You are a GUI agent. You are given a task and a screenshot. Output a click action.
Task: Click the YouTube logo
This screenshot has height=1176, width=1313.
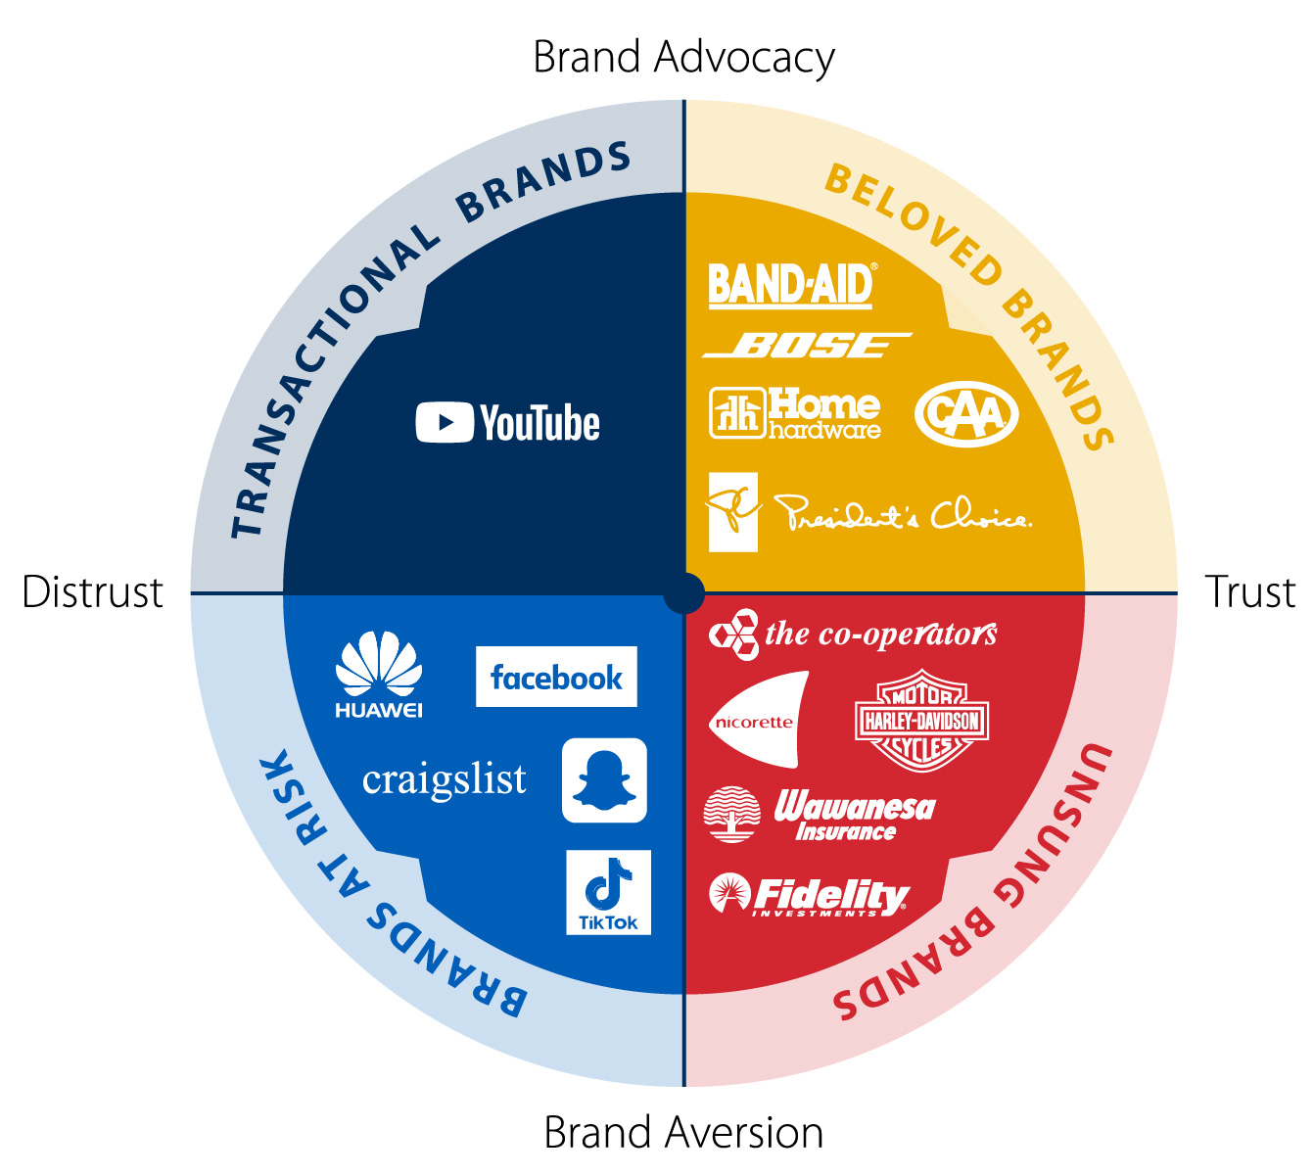[x=508, y=423]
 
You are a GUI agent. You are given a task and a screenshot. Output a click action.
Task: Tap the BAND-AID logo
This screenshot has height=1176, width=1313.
[x=791, y=285]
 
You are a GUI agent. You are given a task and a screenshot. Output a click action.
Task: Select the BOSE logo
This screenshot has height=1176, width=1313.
[x=807, y=345]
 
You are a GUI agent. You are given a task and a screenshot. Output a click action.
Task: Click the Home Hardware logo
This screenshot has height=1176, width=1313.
[x=795, y=413]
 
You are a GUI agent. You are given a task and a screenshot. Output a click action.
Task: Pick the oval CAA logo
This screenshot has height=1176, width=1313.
[x=966, y=413]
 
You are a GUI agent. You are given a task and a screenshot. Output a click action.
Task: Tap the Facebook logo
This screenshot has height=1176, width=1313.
[x=556, y=677]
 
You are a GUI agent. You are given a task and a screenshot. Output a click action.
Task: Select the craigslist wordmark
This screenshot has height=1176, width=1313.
[x=445, y=780]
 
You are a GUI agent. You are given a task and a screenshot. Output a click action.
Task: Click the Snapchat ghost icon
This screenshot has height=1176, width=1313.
[x=604, y=780]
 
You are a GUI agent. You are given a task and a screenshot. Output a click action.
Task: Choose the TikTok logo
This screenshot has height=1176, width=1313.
[x=608, y=892]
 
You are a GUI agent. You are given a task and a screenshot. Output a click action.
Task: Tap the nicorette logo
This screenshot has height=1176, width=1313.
[x=757, y=722]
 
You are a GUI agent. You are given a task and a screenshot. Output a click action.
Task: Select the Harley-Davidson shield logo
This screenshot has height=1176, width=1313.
[x=921, y=722]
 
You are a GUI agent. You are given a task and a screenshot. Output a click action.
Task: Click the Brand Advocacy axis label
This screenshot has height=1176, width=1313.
[x=683, y=57]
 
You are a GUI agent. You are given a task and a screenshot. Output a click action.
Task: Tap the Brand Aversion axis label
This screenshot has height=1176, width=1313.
[x=683, y=1133]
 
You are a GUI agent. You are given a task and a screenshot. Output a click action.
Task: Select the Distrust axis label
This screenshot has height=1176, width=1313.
[x=93, y=592]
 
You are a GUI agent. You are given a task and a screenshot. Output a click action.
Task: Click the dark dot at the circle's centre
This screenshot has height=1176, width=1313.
[x=683, y=593]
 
